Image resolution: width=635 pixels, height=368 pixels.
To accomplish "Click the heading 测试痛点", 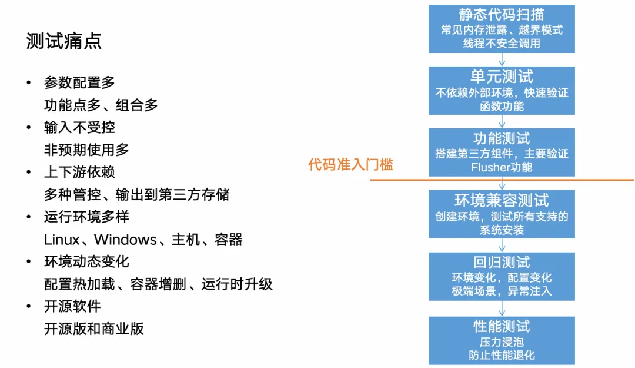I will (x=64, y=41).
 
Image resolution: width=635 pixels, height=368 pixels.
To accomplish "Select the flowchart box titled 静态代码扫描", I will (x=502, y=28).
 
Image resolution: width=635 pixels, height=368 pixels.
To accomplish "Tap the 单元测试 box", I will (x=502, y=91).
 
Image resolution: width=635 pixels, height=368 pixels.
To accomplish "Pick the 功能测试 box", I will (x=502, y=152).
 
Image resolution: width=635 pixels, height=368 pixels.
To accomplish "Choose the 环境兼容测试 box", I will (x=502, y=214).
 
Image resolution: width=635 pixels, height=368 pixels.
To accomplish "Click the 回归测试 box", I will (x=502, y=276).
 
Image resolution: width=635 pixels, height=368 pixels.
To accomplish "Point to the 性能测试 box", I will (x=502, y=340).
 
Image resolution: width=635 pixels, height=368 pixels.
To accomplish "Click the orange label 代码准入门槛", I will (x=350, y=164).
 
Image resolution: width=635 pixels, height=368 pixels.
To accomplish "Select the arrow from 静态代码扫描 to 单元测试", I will (x=502, y=59).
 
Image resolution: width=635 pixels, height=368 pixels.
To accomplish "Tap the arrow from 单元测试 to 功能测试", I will (x=502, y=121).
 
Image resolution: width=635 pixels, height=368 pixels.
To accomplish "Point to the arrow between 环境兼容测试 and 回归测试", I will (x=502, y=245).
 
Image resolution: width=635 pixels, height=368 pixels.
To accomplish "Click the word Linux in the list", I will (x=62, y=240).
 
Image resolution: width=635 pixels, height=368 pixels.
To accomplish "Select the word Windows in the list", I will (x=125, y=240).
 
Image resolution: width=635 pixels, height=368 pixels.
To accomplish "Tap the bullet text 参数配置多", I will (x=79, y=82).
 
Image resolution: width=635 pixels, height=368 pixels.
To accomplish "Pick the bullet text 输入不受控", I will (x=79, y=127).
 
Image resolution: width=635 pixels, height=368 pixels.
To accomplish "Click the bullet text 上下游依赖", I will (x=79, y=172).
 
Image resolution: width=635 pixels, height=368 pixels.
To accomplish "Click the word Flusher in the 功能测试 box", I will (x=490, y=167).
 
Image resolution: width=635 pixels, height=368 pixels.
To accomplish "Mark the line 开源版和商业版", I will (x=94, y=329).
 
